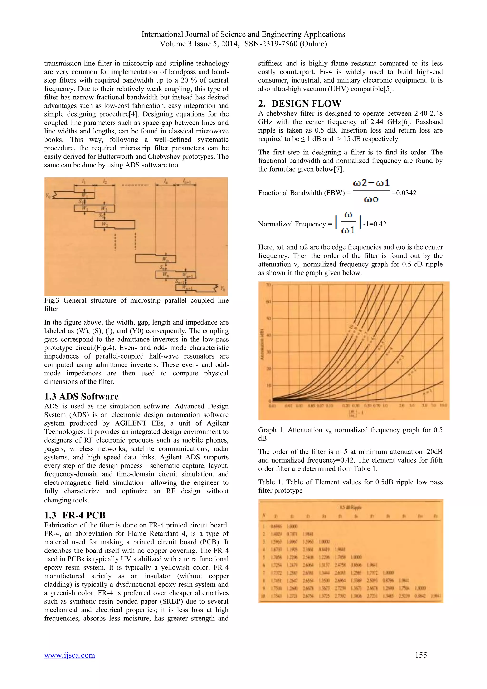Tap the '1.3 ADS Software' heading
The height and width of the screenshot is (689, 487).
coord(81,396)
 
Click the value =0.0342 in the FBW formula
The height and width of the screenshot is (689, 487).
coord(404,193)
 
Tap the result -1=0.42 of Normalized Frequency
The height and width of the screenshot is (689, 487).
coord(375,224)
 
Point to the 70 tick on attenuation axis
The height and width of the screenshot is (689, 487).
coord(268,285)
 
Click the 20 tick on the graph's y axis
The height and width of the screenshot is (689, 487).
coord(269,369)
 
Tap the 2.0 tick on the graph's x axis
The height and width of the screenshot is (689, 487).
coord(402,405)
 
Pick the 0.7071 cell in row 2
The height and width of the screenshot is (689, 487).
coord(292,534)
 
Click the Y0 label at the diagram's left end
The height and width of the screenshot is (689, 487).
coord(48,196)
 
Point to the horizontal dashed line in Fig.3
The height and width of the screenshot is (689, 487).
coord(135,185)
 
